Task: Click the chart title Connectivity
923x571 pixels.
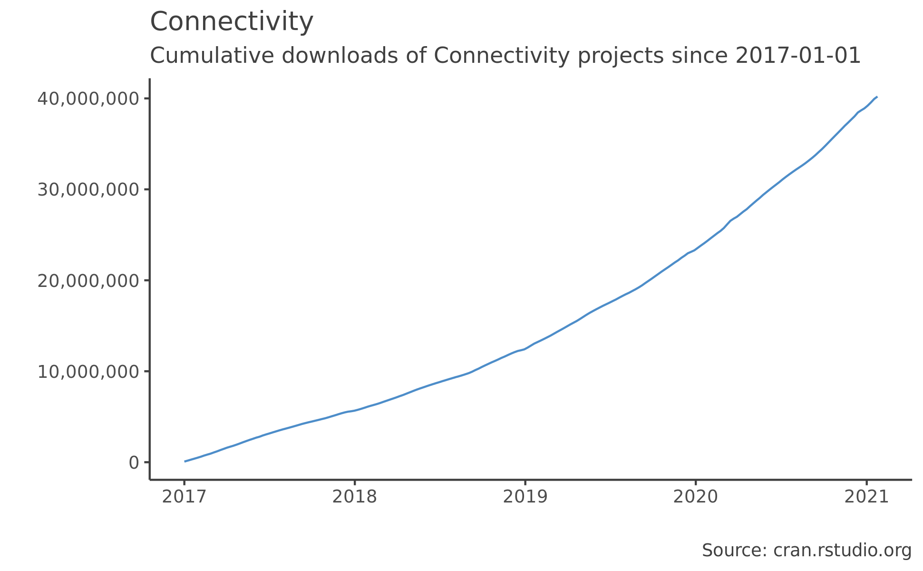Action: tap(232, 22)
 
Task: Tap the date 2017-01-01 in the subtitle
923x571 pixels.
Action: tap(798, 56)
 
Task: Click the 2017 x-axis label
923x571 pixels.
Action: tap(184, 497)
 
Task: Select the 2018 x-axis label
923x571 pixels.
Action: tap(354, 497)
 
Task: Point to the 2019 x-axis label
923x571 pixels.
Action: tap(525, 497)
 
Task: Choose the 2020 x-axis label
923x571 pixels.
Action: tap(695, 497)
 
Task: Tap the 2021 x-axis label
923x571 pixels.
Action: tap(866, 497)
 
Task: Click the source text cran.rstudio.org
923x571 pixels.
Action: tap(842, 551)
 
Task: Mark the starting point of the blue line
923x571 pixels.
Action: tap(185, 461)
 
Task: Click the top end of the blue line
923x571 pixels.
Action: tap(876, 97)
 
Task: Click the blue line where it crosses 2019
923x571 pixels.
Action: tap(525, 349)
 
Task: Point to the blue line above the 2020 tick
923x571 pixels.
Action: tap(695, 249)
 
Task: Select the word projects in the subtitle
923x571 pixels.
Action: tap(621, 56)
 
